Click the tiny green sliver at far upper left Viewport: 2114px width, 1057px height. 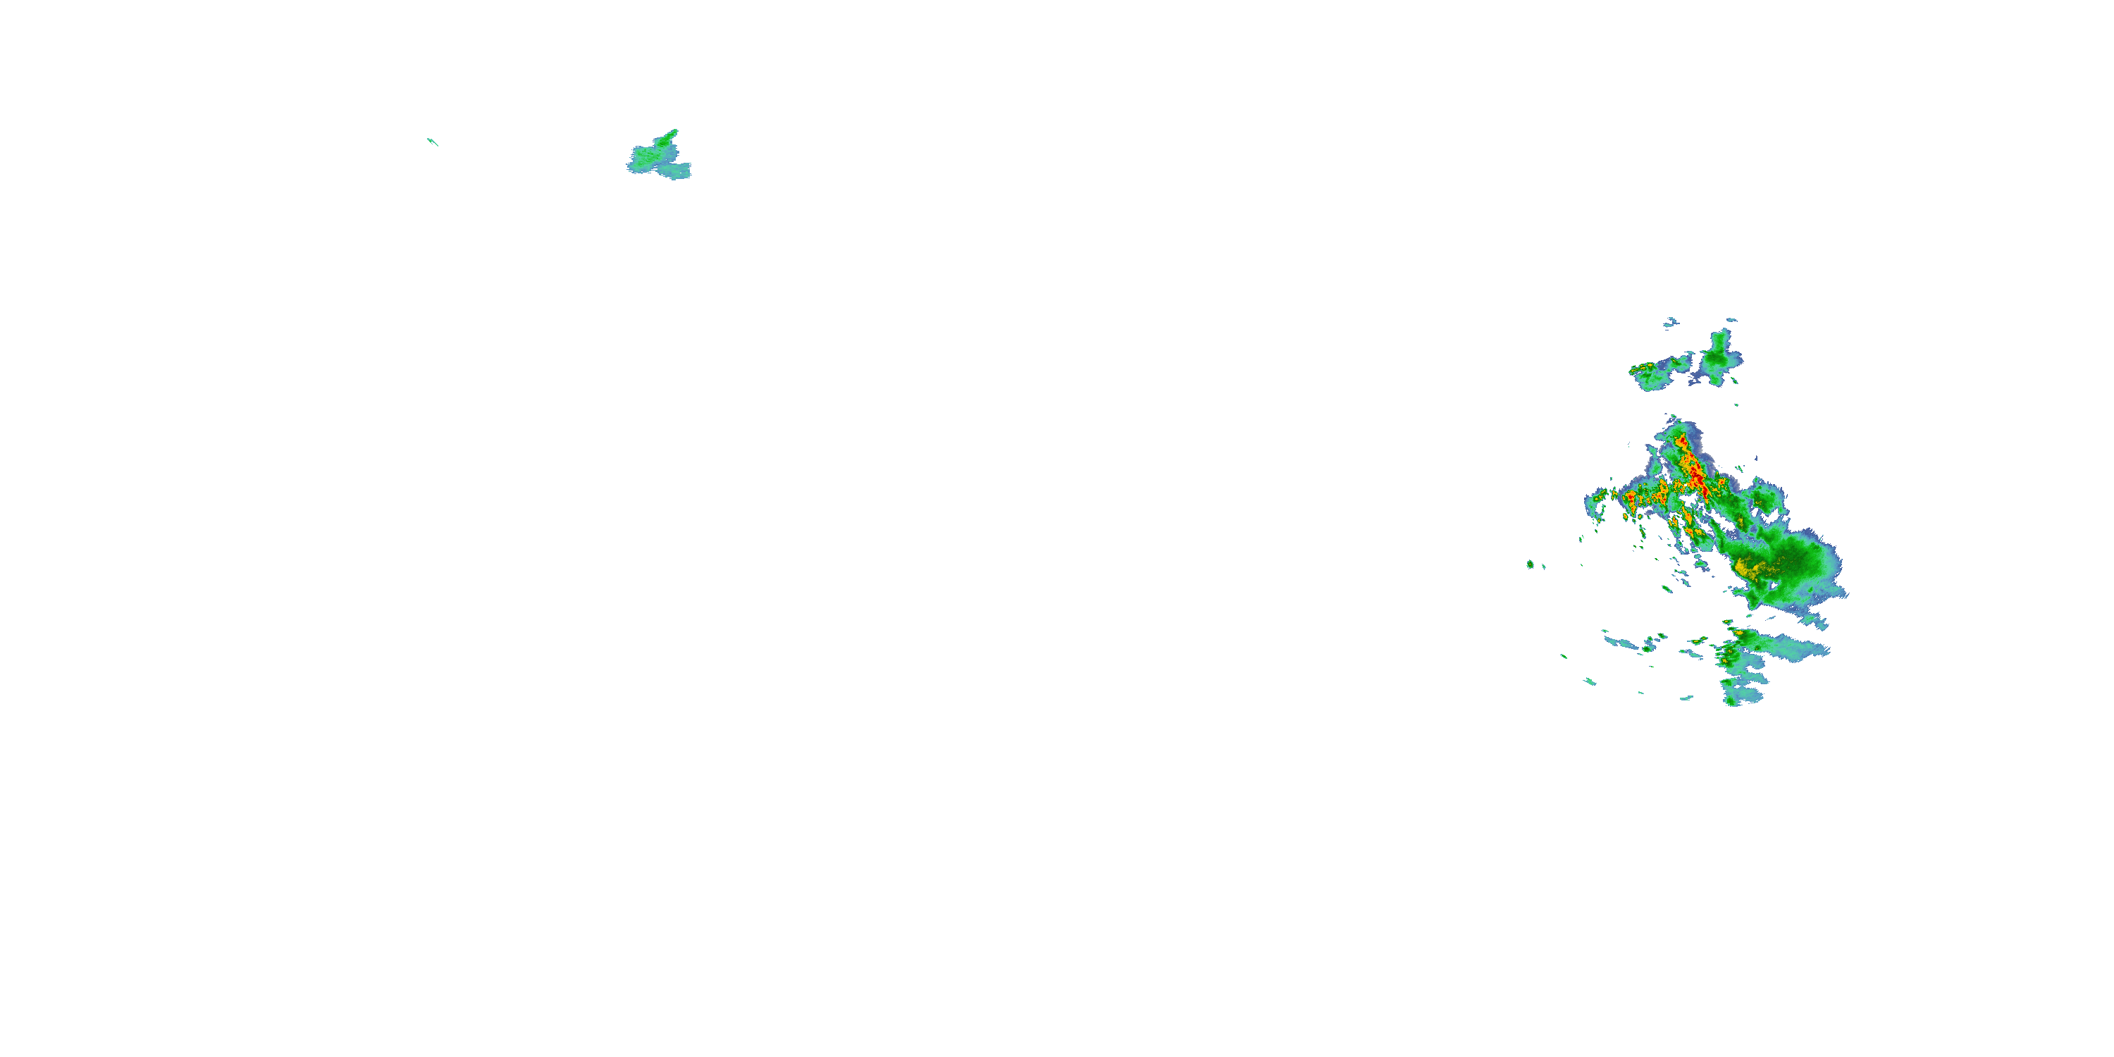(433, 142)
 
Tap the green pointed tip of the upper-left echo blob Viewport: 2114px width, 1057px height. (674, 132)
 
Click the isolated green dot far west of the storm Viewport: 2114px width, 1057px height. (1531, 564)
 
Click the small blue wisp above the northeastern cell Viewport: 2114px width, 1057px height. (1731, 320)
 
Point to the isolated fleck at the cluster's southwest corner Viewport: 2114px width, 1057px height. (1590, 681)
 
